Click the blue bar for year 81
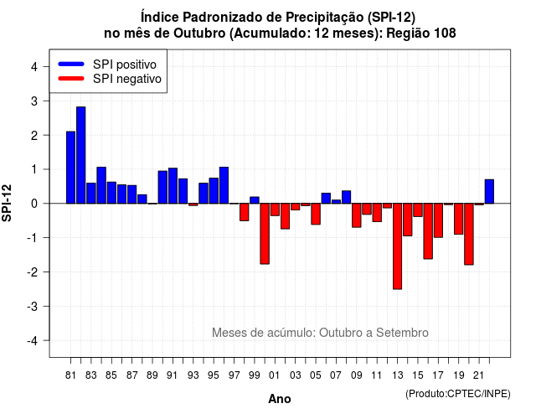click(70, 168)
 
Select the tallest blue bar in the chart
click(81, 155)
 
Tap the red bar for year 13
click(397, 246)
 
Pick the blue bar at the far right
click(489, 192)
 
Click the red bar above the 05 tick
click(316, 215)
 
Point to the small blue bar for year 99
click(255, 200)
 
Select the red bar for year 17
click(438, 220)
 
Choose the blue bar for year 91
click(173, 186)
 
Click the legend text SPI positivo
click(125, 65)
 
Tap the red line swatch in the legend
click(71, 79)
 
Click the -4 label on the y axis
click(33, 341)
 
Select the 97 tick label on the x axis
click(234, 375)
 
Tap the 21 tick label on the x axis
click(479, 375)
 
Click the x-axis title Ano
click(280, 399)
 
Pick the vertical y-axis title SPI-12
click(7, 203)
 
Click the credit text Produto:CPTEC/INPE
click(458, 394)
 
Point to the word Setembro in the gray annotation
click(402, 333)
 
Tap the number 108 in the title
click(445, 34)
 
